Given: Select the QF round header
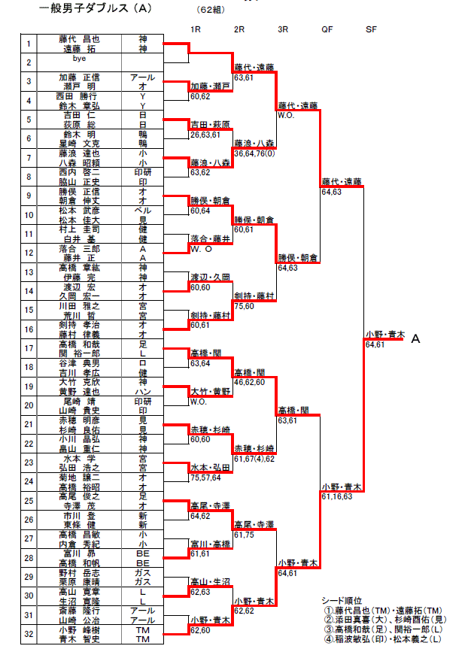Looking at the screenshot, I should click(x=327, y=29).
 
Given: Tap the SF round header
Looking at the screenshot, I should click(x=371, y=29).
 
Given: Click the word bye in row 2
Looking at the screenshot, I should click(x=81, y=58).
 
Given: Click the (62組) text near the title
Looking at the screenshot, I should click(x=208, y=10).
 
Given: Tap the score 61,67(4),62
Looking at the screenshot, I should click(x=255, y=458).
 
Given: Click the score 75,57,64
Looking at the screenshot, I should click(x=205, y=477).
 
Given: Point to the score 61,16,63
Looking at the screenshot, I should click(x=338, y=496).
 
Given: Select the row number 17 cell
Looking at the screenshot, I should click(x=28, y=348).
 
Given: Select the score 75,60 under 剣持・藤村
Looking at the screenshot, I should click(x=245, y=305).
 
